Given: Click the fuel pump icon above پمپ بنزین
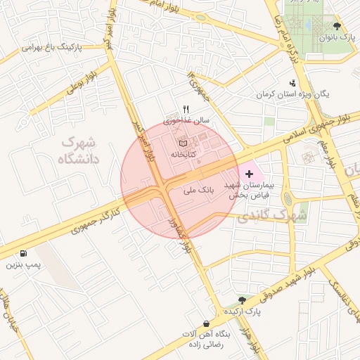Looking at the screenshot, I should click(x=25, y=254).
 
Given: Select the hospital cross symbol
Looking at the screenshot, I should click(x=250, y=172).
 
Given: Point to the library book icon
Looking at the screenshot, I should click(x=184, y=143).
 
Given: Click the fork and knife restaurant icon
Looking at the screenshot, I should click(x=186, y=109).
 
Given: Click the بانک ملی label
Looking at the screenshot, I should click(x=198, y=190).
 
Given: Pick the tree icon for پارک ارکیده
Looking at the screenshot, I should click(x=243, y=299).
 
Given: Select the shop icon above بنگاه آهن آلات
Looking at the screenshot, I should click(x=205, y=323).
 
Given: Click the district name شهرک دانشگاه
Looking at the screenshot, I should click(x=80, y=150).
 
